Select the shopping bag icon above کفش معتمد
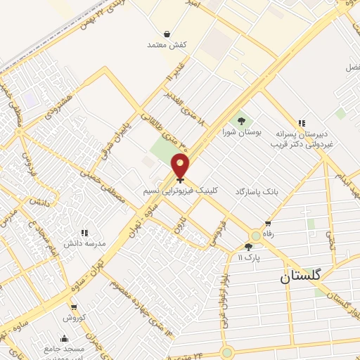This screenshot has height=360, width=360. click(166, 33)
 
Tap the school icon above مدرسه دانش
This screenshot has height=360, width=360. click(84, 232)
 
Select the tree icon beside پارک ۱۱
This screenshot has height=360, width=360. click(247, 247)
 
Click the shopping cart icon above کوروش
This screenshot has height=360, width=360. click(74, 307)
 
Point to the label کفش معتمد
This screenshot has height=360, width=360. click(166, 45)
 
